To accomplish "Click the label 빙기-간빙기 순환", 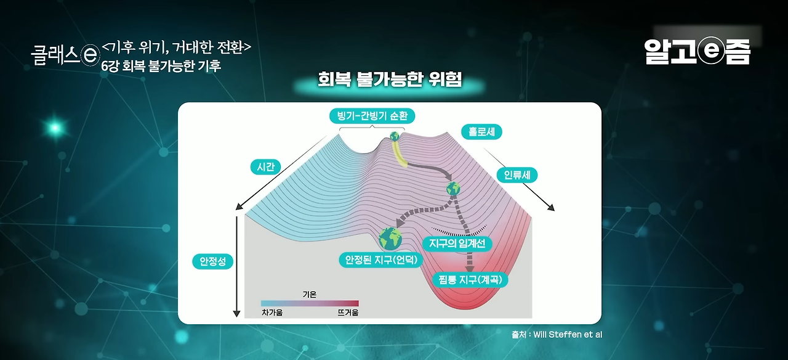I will (x=372, y=116).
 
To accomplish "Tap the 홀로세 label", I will (x=481, y=131).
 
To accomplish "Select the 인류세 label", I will (x=517, y=174).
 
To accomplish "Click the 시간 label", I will (x=265, y=166).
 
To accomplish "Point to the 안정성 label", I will (x=212, y=261).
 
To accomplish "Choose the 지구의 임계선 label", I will (x=457, y=243).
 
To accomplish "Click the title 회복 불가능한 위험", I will (x=390, y=81).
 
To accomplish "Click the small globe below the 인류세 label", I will (x=454, y=188).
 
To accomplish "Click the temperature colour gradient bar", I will (x=310, y=303).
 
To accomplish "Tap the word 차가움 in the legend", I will (x=272, y=313).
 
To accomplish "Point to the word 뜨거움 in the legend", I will (x=348, y=313).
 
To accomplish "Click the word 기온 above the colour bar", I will (x=309, y=295).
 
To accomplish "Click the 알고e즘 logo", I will (x=698, y=52).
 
